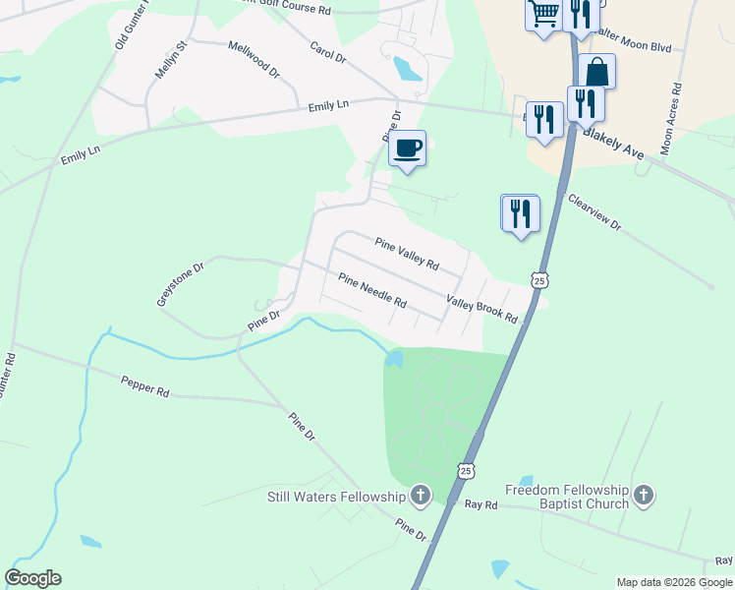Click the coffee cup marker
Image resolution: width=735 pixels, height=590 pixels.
(x=408, y=148)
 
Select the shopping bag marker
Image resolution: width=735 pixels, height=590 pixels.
(x=596, y=72)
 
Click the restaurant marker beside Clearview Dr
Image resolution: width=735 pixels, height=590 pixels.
(x=520, y=213)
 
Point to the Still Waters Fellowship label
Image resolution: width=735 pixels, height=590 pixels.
(x=336, y=497)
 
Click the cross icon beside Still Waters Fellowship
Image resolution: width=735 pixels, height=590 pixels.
(x=421, y=496)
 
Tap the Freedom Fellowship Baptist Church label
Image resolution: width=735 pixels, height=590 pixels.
(x=566, y=497)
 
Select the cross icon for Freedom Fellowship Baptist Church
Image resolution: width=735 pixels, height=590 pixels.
(x=644, y=496)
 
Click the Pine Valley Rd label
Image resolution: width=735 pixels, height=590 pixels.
(x=406, y=254)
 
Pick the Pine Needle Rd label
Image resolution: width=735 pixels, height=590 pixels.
(x=372, y=291)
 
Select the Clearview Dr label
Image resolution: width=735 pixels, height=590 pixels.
(x=594, y=212)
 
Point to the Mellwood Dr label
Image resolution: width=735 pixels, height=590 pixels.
(x=254, y=59)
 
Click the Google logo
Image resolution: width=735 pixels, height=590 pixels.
(x=33, y=578)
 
